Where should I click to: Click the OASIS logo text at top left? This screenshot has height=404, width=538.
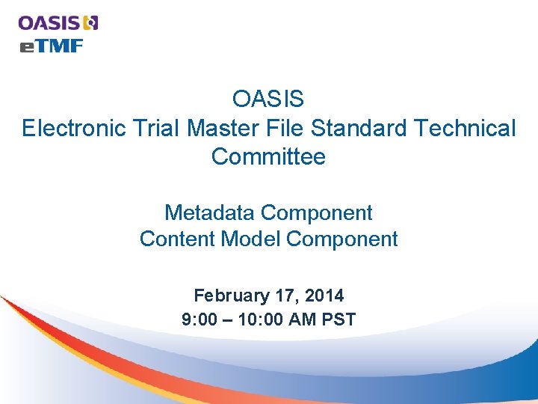tap(49, 22)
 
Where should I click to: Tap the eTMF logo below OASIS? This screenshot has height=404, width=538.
tap(51, 46)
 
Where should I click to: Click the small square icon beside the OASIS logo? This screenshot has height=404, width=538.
tap(91, 22)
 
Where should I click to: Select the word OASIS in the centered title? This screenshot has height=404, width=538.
tap(268, 99)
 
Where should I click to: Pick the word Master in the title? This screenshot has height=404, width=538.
tap(223, 129)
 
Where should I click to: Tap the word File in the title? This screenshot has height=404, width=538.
tap(285, 129)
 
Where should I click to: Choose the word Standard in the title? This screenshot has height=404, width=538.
tap(359, 129)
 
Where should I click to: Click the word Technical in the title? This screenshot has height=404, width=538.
tap(464, 129)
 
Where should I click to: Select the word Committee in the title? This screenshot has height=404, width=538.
tap(268, 157)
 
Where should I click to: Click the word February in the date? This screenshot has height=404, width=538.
tap(229, 296)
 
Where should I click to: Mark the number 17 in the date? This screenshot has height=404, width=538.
tap(282, 296)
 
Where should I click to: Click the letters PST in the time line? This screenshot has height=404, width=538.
tap(339, 320)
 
